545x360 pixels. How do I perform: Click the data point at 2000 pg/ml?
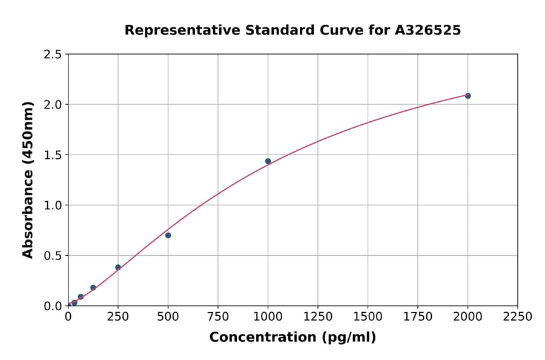point(467,96)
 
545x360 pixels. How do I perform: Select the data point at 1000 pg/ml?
point(268,161)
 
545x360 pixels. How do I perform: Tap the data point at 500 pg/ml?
point(168,235)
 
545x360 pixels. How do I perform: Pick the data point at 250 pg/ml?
point(118,267)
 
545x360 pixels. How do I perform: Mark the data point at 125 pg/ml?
point(93,288)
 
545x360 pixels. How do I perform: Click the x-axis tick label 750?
point(218,317)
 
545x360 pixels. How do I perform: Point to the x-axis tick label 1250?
point(318,317)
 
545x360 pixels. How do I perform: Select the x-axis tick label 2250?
point(518,317)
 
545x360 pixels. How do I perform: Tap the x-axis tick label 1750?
point(418,317)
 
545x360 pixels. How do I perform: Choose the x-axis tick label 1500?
point(368,317)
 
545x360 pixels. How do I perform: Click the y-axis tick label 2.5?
point(53,55)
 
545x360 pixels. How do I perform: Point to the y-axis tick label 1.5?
point(53,155)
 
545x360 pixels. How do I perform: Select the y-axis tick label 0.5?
point(53,256)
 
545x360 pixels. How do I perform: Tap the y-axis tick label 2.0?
point(53,105)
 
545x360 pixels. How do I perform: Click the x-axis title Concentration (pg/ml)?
point(292,338)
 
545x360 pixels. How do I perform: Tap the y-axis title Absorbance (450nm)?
point(28,180)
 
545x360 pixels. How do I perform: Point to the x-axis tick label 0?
point(68,317)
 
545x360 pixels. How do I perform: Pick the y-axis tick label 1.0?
point(53,205)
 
